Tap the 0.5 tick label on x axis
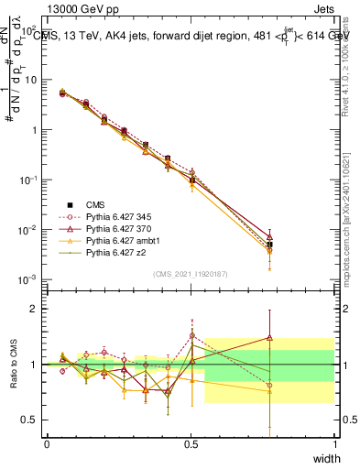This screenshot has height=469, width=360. click(x=191, y=443)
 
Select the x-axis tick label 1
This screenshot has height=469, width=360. click(x=335, y=443)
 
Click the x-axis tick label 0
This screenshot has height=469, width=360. click(x=47, y=443)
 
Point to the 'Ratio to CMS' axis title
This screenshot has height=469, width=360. click(x=14, y=365)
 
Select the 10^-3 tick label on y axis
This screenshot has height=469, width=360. click(x=27, y=278)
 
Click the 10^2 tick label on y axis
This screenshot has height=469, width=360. click(x=28, y=29)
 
